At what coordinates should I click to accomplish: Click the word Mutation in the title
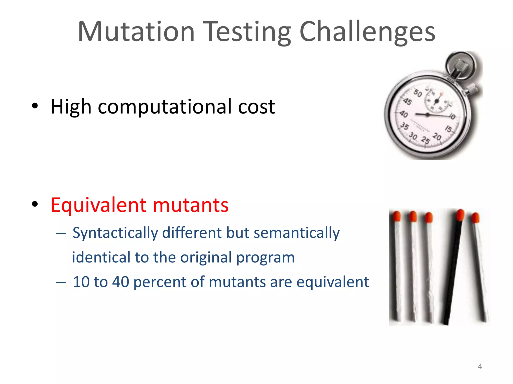click(136, 32)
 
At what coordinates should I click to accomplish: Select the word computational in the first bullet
click(165, 107)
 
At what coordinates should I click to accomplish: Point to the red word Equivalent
click(98, 205)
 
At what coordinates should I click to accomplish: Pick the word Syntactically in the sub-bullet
click(115, 233)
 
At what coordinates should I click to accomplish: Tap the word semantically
click(297, 233)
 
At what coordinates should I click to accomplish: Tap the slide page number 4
click(480, 366)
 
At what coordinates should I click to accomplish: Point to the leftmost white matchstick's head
click(397, 216)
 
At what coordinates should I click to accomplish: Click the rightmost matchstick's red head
click(475, 217)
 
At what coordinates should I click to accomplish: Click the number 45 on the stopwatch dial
click(407, 101)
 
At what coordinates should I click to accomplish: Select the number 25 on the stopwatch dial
click(425, 140)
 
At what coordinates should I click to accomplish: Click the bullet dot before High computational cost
click(35, 106)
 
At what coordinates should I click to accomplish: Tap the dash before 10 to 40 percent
click(61, 282)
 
